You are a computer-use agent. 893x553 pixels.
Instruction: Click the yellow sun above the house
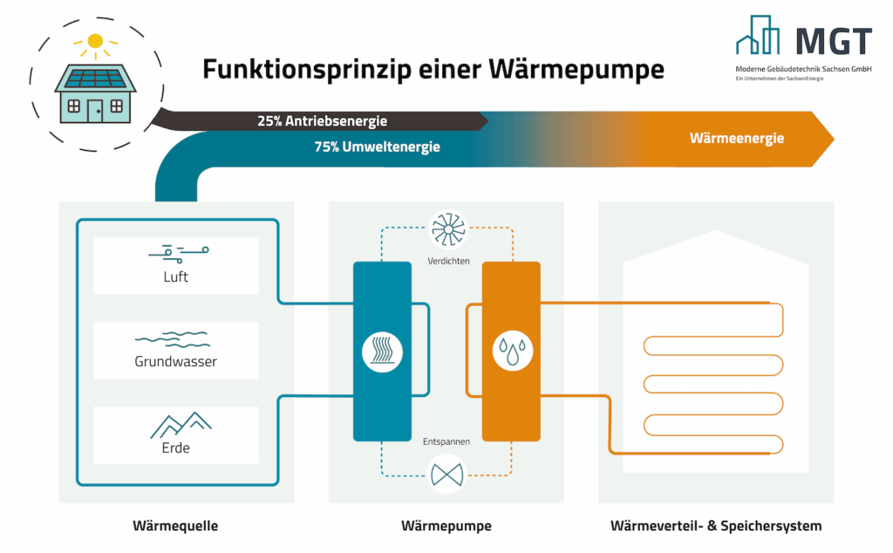[95, 40]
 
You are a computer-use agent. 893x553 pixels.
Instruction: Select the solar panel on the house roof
[95, 79]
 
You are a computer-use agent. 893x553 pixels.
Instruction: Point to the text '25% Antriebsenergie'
[322, 121]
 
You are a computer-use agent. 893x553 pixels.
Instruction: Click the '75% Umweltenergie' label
[377, 147]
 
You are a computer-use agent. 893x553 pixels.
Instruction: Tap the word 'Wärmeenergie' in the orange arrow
[736, 138]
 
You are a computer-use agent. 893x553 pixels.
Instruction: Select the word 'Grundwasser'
[176, 361]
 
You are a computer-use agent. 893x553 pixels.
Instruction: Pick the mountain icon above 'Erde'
[179, 424]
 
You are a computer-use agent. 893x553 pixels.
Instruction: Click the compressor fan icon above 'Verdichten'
[448, 230]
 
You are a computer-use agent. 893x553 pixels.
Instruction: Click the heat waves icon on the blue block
[381, 352]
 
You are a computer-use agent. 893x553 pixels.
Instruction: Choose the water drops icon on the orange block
[511, 351]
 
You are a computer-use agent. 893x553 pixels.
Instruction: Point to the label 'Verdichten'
[448, 261]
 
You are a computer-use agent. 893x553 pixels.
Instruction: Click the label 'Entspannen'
[446, 441]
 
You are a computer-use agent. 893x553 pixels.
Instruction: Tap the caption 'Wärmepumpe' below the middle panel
[446, 526]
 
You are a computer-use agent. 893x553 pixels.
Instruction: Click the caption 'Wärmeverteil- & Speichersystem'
[715, 526]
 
